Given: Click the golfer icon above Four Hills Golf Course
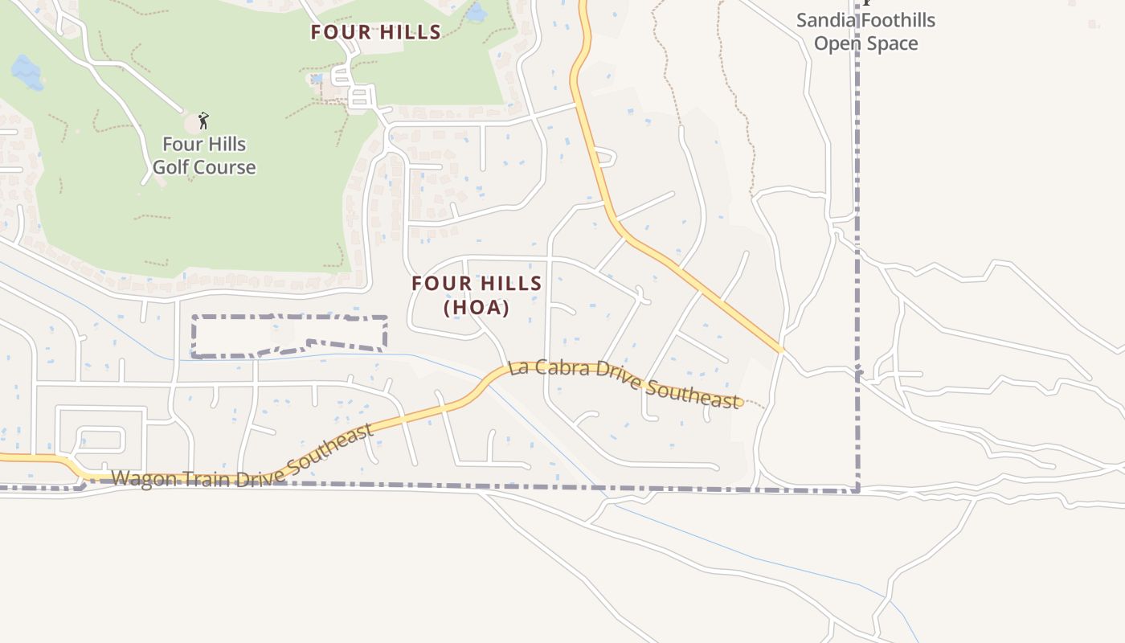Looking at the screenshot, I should pyautogui.click(x=203, y=121).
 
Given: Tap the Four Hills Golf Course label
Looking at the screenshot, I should pyautogui.click(x=204, y=156).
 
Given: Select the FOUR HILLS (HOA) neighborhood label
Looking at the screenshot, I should pyautogui.click(x=477, y=295).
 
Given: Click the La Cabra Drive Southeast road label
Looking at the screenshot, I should pyautogui.click(x=624, y=384).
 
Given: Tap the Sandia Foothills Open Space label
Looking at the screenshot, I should pyautogui.click(x=865, y=31).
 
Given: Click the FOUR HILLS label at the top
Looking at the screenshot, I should pyautogui.click(x=376, y=32).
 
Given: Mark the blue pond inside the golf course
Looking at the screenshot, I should pyautogui.click(x=27, y=73).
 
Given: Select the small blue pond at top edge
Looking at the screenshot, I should pyautogui.click(x=477, y=12).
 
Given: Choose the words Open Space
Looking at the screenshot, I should pyautogui.click(x=865, y=43).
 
